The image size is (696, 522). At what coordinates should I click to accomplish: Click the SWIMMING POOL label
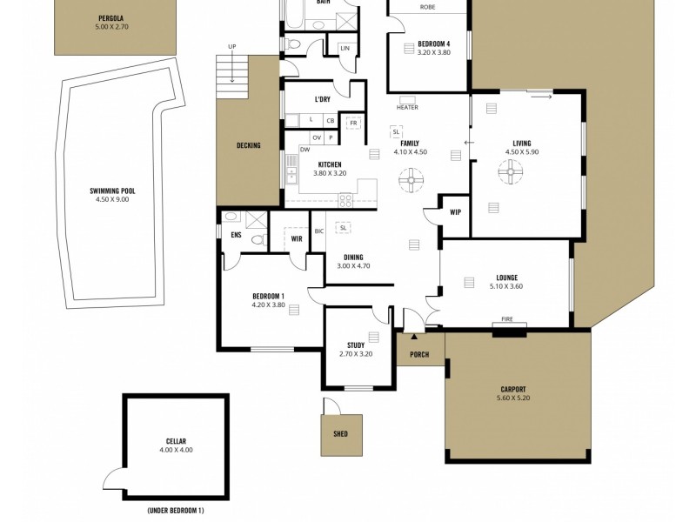pyautogui.click(x=112, y=191)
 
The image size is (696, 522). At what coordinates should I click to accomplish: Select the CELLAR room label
pyautogui.click(x=176, y=441)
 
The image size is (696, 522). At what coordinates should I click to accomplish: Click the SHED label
pyautogui.click(x=339, y=432)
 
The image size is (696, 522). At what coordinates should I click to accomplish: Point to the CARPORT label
pyautogui.click(x=513, y=390)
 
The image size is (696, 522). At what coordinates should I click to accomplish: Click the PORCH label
pyautogui.click(x=419, y=354)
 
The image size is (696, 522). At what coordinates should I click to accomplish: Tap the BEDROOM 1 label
pyautogui.click(x=268, y=296)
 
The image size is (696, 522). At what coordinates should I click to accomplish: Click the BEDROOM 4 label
pyautogui.click(x=434, y=43)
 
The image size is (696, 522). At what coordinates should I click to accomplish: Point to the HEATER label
pyautogui.click(x=407, y=108)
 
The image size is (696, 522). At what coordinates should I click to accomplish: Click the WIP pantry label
pyautogui.click(x=455, y=212)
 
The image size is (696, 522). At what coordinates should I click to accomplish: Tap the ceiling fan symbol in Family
pyautogui.click(x=409, y=183)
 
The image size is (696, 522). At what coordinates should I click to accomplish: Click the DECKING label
pyautogui.click(x=248, y=145)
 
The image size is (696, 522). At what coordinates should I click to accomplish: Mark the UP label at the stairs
pyautogui.click(x=231, y=46)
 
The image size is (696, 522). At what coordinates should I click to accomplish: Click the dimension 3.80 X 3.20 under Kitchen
pyautogui.click(x=329, y=173)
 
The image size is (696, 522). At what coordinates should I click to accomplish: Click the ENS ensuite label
pyautogui.click(x=236, y=235)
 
